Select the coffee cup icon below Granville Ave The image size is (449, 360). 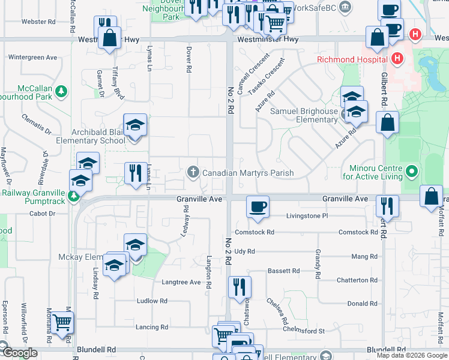pos(258,206)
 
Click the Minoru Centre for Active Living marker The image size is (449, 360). pos(411,173)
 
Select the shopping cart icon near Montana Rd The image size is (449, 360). pos(62,323)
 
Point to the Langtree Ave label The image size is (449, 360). pos(181,282)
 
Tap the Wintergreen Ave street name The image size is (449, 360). pos(32,58)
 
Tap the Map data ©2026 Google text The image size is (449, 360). pos(412,355)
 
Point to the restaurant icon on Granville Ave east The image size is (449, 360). pos(387,206)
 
